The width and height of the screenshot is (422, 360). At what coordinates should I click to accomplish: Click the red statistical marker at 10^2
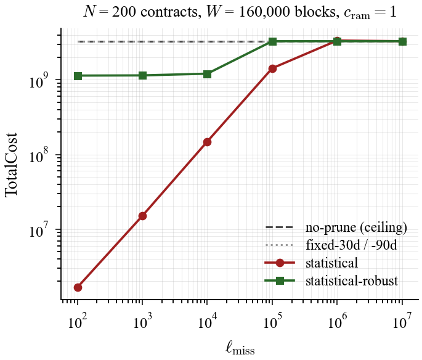pyautogui.click(x=78, y=287)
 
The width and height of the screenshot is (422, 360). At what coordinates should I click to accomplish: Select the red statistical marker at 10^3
pyautogui.click(x=142, y=216)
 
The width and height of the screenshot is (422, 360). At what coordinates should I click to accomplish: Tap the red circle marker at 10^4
pyautogui.click(x=208, y=142)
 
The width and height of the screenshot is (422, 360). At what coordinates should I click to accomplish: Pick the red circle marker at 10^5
pyautogui.click(x=272, y=68)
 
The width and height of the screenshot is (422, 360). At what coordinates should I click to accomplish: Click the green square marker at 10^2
pyautogui.click(x=78, y=76)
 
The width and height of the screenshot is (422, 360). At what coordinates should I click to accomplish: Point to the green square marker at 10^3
pyautogui.click(x=142, y=75)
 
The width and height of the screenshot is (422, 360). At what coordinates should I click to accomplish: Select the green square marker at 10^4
pyautogui.click(x=208, y=74)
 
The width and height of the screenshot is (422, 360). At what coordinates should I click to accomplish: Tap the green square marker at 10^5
pyautogui.click(x=272, y=41)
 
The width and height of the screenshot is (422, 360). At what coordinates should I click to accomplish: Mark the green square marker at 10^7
pyautogui.click(x=402, y=41)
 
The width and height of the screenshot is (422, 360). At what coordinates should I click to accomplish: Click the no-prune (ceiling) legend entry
pyautogui.click(x=356, y=227)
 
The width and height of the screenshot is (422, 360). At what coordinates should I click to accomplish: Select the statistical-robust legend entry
pyautogui.click(x=351, y=281)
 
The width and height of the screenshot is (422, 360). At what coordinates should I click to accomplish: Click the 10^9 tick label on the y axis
pyautogui.click(x=41, y=81)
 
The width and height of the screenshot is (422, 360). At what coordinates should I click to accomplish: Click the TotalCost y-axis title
pyautogui.click(x=12, y=165)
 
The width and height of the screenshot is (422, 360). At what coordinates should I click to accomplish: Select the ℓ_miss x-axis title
pyautogui.click(x=240, y=348)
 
